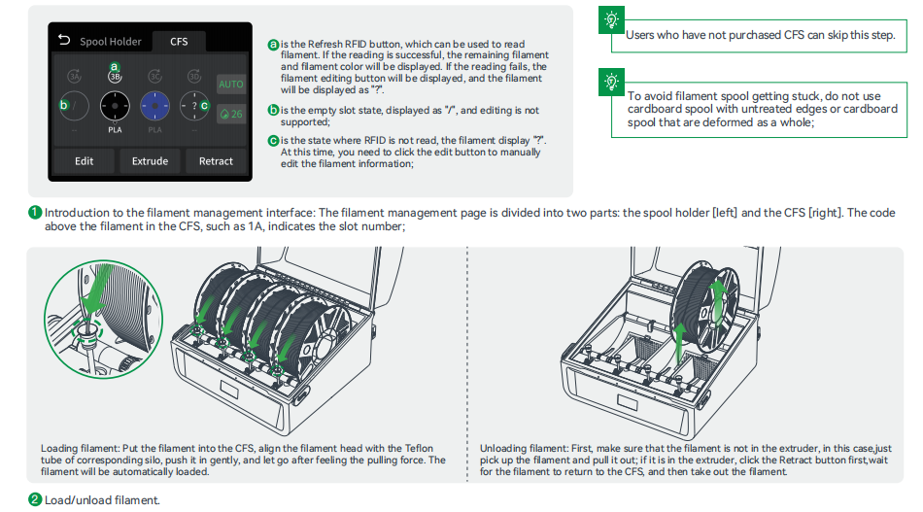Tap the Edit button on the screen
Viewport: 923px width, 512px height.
85,161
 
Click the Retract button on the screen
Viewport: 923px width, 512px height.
216,161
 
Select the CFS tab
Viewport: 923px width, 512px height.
180,42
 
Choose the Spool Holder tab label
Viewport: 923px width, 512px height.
110,42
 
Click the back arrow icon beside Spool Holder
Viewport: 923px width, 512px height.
65,41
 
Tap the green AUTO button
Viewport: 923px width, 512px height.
231,85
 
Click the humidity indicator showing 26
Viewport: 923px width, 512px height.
231,114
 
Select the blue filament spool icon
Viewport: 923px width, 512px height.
155,106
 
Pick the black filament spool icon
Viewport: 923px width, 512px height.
114,106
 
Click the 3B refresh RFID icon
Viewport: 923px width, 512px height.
114,78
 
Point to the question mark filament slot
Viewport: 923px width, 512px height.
194,106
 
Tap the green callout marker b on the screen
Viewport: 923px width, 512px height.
64,105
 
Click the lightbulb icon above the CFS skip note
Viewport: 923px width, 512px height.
612,19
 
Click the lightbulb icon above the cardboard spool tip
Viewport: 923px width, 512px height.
612,81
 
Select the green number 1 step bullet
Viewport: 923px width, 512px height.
35,213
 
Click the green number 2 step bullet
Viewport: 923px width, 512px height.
35,499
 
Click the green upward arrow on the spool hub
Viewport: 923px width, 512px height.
720,295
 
